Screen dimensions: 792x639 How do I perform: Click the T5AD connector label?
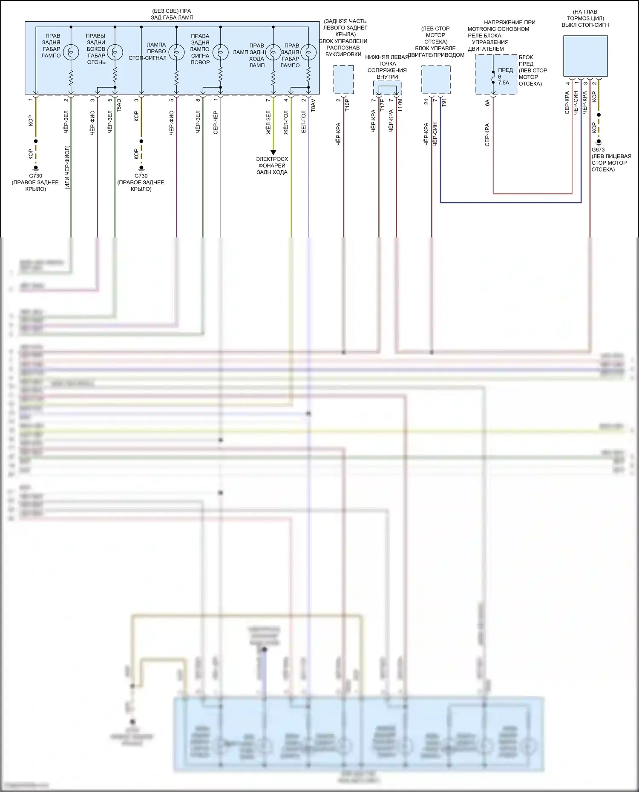point(119,105)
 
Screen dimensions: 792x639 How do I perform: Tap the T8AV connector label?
point(313,105)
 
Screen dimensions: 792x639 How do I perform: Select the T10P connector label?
point(347,105)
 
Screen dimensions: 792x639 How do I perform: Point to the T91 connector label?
point(444,103)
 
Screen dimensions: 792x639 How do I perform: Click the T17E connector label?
point(382,105)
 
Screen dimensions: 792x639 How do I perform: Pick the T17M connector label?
point(400,105)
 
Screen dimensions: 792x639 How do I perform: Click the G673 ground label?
point(598,150)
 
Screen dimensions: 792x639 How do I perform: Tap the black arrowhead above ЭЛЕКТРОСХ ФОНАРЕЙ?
point(273,152)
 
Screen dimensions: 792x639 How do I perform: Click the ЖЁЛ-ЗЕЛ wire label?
point(268,123)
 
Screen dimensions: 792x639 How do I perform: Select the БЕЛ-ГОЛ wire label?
point(304,122)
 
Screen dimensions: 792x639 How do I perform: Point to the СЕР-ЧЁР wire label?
point(216,123)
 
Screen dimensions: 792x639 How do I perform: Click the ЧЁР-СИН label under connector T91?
point(435,134)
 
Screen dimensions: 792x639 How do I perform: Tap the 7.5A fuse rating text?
point(504,83)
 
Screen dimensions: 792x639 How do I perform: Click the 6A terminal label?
point(487,103)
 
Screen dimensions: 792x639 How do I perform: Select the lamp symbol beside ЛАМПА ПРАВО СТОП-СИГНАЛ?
point(176,52)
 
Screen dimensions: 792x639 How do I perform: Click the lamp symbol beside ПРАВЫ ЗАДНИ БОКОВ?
point(115,52)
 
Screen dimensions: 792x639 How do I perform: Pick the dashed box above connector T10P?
point(343,80)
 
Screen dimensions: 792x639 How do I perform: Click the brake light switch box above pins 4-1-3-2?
point(585,56)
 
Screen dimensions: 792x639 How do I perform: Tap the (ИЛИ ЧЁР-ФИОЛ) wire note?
point(67,167)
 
